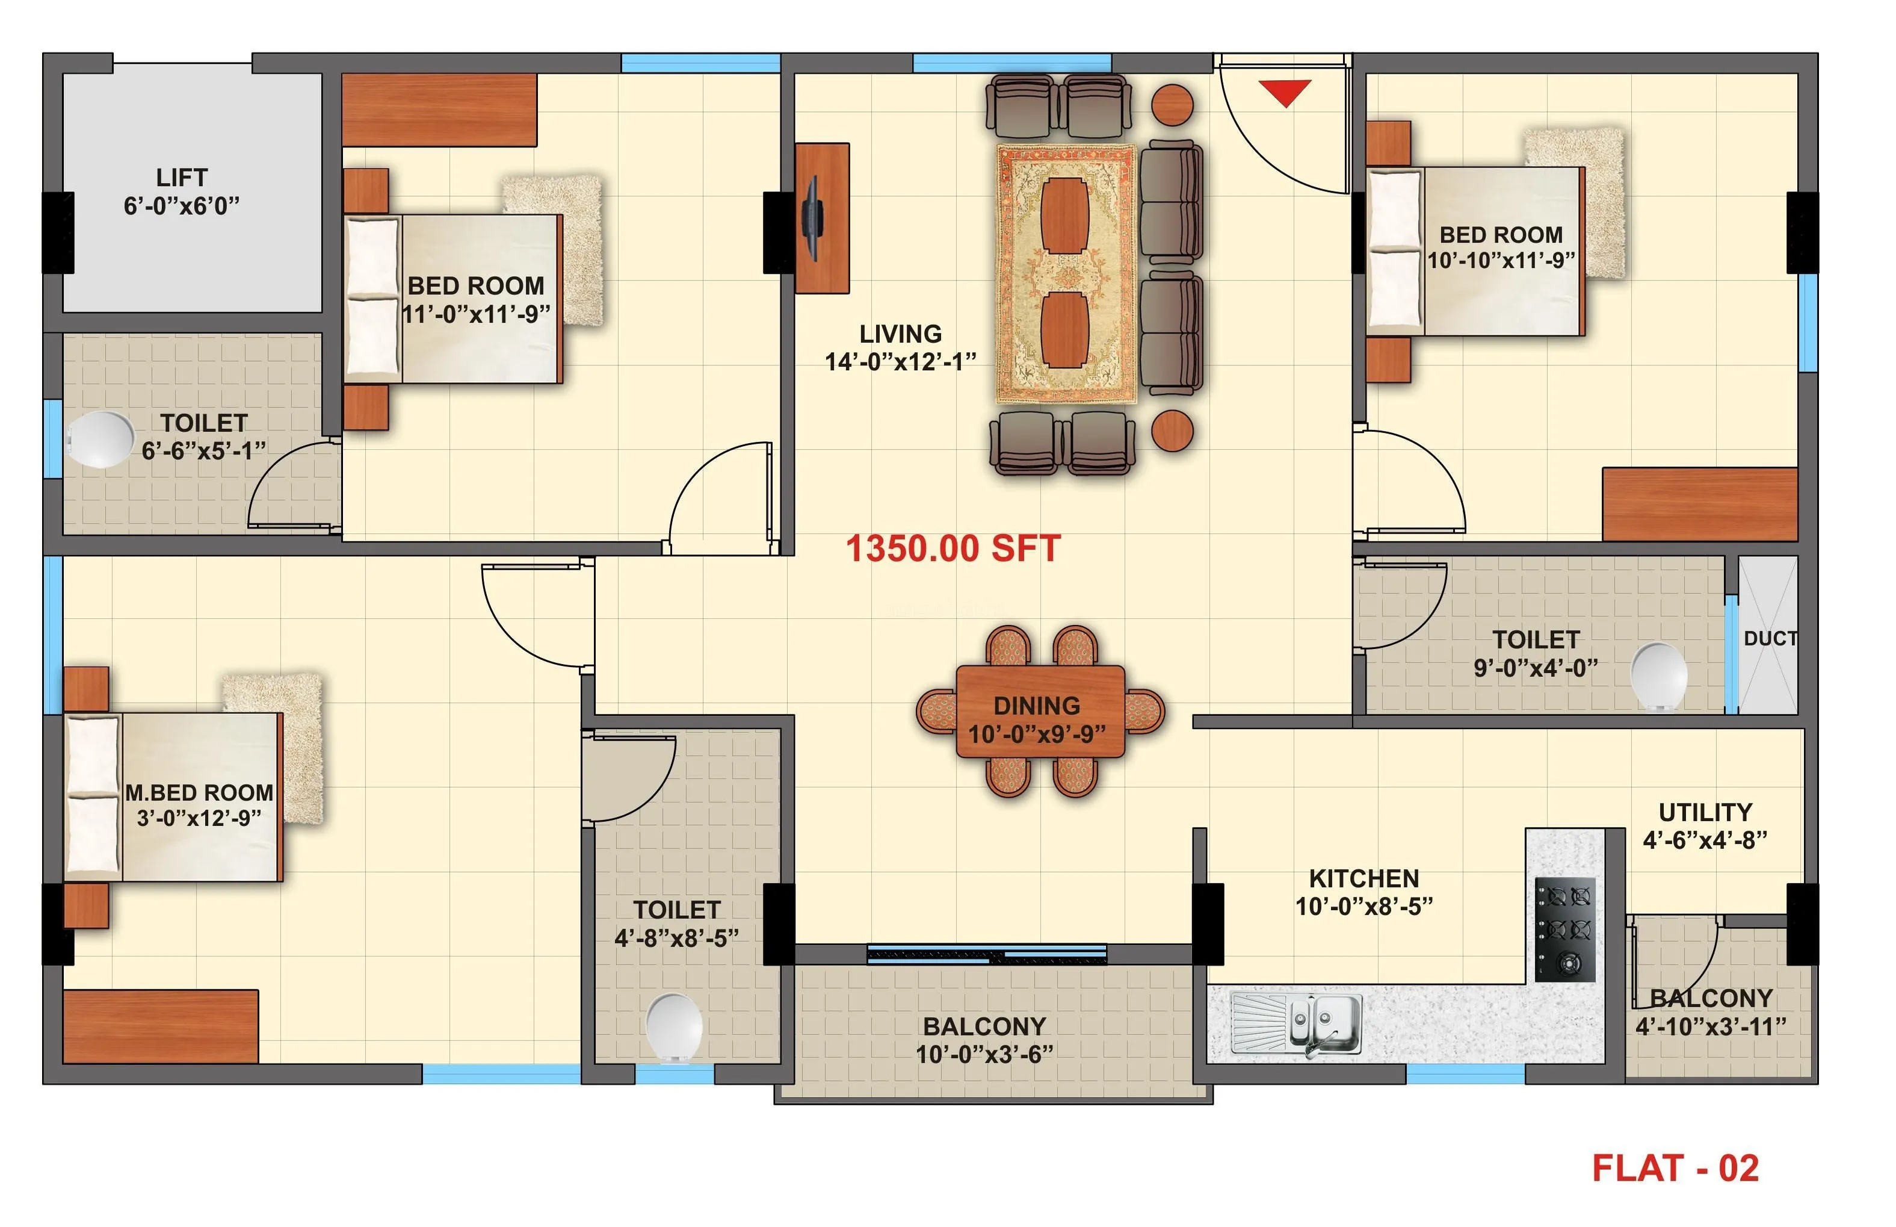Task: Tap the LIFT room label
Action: coord(182,177)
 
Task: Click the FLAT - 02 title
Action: coord(1675,1168)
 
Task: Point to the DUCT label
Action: coord(1770,638)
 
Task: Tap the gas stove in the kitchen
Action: coord(1564,929)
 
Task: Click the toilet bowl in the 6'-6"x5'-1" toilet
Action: coord(101,439)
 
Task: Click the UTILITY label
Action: coord(1705,812)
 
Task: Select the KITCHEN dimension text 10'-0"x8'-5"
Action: coord(1363,906)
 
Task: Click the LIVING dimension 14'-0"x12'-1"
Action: coord(900,362)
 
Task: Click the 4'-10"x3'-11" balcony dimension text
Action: coord(1709,1027)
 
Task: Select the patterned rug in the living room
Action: coord(1066,273)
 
